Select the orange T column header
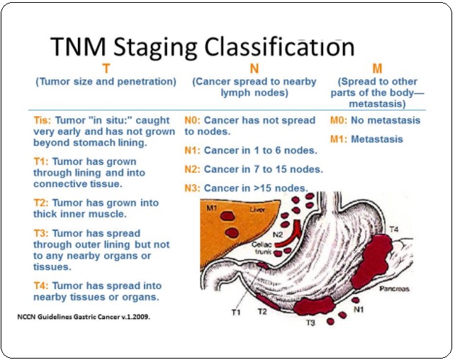(106, 69)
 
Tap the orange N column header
(254, 69)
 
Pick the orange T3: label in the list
(42, 233)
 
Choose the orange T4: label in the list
(42, 286)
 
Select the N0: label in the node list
(193, 120)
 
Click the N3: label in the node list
(193, 188)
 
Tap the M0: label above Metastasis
(340, 120)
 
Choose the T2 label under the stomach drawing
(262, 311)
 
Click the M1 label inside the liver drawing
(212, 208)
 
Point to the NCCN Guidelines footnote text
(83, 317)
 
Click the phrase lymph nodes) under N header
(254, 93)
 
